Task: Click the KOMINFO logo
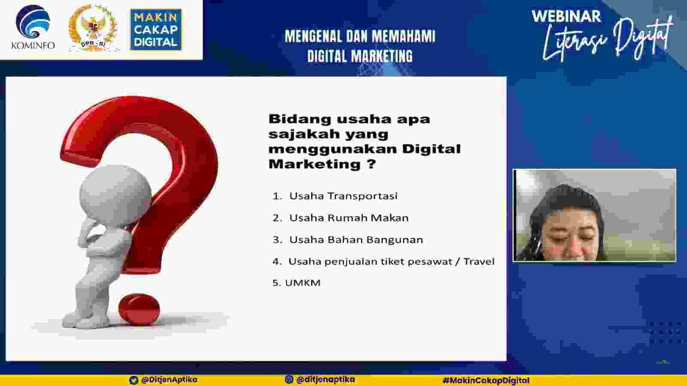point(33,27)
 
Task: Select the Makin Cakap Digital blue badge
point(156,30)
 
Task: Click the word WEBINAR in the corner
point(566,17)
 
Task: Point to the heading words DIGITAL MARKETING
point(360,56)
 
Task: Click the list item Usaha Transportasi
point(343,196)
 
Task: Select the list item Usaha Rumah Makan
point(349,218)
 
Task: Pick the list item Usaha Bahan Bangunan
point(356,240)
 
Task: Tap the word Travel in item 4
point(479,261)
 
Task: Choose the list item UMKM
point(303,283)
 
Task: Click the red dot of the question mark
point(139,309)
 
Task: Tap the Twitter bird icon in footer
point(134,380)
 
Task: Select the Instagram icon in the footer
point(289,380)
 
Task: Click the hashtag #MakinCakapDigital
point(486,380)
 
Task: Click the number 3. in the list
point(277,240)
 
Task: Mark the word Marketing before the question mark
point(314,164)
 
